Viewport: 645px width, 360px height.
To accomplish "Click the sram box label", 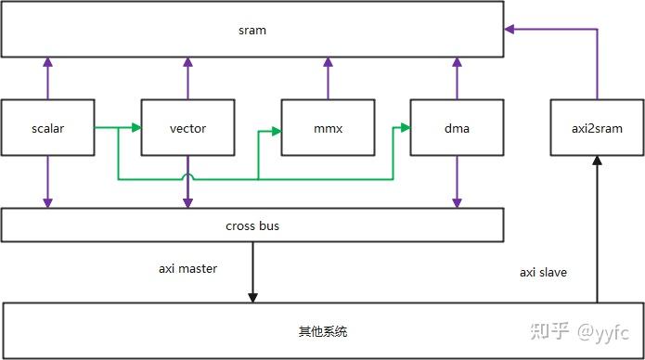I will coord(252,31).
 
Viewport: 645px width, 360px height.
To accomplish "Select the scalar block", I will coord(47,128).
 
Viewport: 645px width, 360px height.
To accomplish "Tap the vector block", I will coord(187,128).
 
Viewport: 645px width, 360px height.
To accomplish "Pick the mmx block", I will coord(327,128).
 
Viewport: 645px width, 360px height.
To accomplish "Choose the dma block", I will coord(457,128).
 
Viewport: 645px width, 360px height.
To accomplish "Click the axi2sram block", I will coord(596,128).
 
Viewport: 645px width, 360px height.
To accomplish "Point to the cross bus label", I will coord(252,225).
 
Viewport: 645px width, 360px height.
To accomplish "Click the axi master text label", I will coord(187,269).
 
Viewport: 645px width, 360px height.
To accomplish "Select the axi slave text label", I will coord(543,273).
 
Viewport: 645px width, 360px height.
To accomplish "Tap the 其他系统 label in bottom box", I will coord(323,331).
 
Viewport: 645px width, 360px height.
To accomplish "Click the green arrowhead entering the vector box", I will coord(135,128).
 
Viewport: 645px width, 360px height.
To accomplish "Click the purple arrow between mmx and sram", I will coord(327,77).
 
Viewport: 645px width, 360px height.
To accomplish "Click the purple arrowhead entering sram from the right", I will coord(509,30).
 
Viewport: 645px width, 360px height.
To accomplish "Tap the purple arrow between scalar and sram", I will coord(47,77).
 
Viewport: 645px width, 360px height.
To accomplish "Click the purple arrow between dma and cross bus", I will coord(457,181).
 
